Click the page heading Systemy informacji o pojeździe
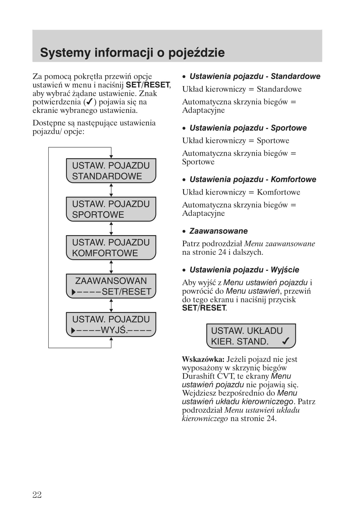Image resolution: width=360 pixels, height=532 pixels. click(x=132, y=53)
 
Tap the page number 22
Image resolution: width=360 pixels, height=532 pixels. click(x=37, y=495)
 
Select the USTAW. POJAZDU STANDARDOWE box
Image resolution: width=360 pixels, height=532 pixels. click(x=111, y=171)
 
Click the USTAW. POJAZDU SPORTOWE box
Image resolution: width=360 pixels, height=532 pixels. click(x=111, y=209)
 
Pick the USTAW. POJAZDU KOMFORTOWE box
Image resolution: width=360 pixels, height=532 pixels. click(x=111, y=248)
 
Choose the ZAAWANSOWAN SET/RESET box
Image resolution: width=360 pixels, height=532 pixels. click(x=111, y=286)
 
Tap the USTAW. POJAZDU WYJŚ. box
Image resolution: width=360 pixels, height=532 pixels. click(x=111, y=325)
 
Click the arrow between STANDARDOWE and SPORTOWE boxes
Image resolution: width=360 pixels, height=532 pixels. click(x=111, y=190)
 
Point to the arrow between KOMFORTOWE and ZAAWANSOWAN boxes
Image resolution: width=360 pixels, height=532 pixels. click(x=111, y=267)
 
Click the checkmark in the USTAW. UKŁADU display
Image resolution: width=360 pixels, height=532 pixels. click(x=286, y=341)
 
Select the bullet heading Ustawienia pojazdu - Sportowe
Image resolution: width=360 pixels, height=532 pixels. click(x=248, y=128)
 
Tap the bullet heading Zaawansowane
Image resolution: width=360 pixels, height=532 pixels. click(x=218, y=231)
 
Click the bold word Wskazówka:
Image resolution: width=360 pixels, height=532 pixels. click(x=203, y=359)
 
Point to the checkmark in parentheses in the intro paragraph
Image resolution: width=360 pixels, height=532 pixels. click(x=90, y=102)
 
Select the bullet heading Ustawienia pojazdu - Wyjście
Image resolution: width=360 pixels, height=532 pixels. click(x=244, y=270)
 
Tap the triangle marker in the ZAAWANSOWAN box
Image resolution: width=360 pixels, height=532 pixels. click(x=74, y=292)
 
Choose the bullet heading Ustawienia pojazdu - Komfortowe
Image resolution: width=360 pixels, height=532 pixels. click(x=253, y=179)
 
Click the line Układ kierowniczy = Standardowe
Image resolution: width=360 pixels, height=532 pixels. click(x=242, y=89)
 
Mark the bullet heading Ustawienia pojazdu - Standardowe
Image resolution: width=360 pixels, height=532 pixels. click(x=255, y=77)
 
